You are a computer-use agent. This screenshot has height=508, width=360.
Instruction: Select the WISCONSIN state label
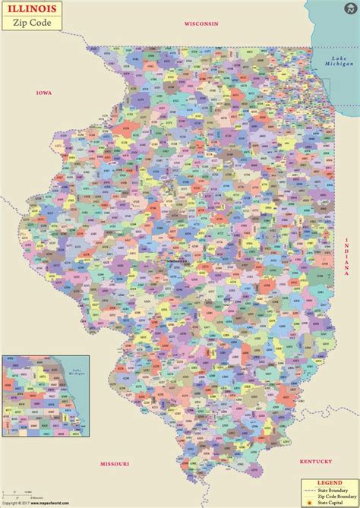pos(201,24)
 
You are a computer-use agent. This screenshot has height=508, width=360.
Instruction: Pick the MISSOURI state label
pos(115,463)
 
